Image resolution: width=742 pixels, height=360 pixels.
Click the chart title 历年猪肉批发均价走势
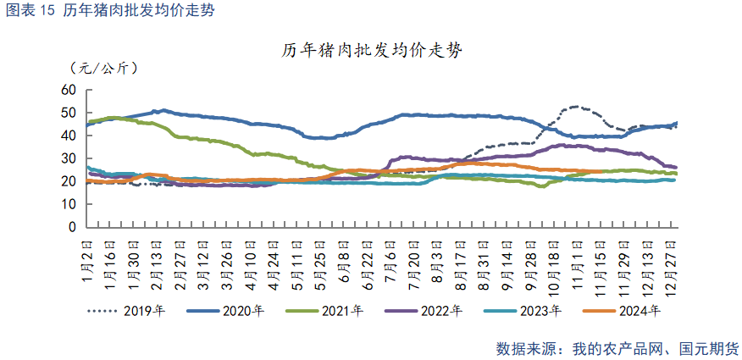[371, 52]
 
